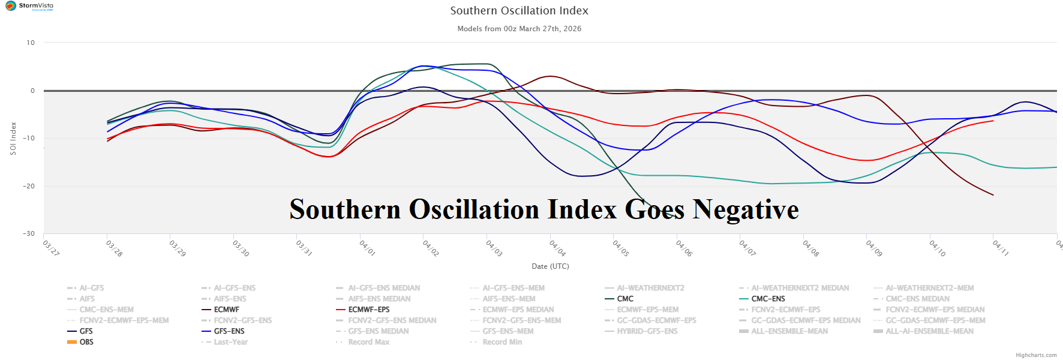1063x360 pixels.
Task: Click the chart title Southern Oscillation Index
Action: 519,11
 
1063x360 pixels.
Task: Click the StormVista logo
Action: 29,6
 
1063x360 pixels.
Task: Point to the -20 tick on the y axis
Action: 29,186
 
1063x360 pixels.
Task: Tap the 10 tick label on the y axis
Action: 31,43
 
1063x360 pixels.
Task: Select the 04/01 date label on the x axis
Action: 367,248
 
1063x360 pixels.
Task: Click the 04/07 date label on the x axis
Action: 747,248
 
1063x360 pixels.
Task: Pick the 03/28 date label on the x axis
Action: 114,248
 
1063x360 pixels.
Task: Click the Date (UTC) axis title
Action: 550,266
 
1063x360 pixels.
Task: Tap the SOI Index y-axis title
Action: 13,139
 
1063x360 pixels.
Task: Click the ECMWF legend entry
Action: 226,310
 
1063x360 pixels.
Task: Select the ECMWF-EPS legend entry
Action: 368,310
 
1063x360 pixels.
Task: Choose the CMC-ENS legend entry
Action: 768,299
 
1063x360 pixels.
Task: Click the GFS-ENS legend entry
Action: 229,331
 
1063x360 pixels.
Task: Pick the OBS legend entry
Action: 86,342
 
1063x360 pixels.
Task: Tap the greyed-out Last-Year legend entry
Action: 230,342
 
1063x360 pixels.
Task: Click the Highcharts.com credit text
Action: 1036,355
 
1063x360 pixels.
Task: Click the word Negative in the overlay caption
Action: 746,209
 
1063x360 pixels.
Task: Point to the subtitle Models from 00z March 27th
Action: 519,29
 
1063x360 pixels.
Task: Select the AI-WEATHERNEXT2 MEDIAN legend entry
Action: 800,288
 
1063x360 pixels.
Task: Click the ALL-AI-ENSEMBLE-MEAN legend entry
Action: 929,331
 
